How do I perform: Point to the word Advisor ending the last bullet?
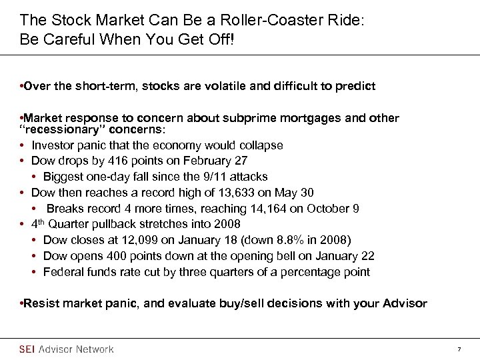405,303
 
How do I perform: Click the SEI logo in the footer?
28,349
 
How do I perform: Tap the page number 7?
459,349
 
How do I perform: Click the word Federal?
63,272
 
